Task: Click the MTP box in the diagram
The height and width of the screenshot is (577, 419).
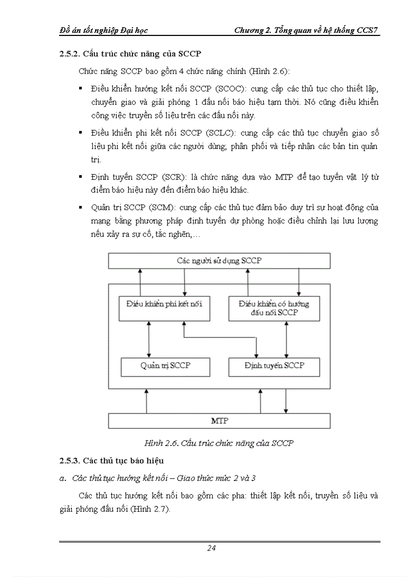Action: (219, 421)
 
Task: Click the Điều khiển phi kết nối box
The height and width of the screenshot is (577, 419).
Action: (164, 304)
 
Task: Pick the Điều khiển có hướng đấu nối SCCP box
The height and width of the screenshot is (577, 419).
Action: (274, 308)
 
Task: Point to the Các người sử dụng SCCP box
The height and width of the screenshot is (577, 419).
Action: (219, 260)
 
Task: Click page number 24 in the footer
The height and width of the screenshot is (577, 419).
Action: (211, 548)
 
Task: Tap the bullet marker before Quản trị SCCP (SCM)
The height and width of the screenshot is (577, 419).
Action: (81, 208)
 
